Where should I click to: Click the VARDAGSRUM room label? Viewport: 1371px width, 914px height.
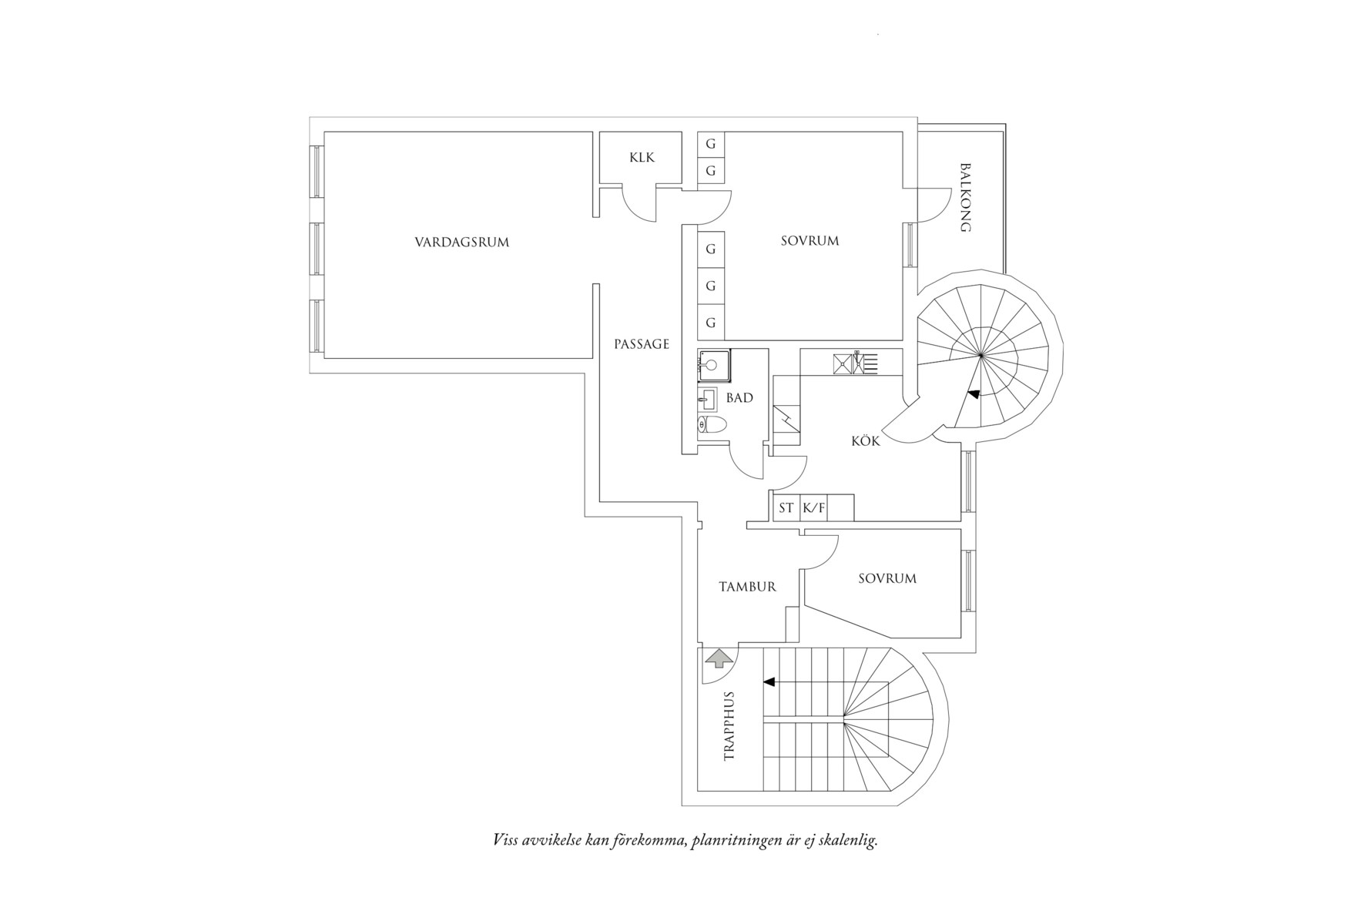(x=462, y=242)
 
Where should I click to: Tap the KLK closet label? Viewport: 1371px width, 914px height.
(x=642, y=157)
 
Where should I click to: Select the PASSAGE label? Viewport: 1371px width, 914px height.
(x=642, y=344)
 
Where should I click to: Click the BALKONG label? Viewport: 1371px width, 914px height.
(x=965, y=197)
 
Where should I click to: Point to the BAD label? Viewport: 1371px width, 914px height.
(x=739, y=398)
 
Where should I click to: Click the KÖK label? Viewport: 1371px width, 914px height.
(x=865, y=441)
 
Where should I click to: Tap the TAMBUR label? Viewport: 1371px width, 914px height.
(x=747, y=587)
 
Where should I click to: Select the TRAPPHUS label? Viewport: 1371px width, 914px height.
(x=729, y=726)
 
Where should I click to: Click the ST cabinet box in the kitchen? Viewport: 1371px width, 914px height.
(x=786, y=508)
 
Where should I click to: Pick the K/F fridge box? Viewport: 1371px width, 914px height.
(x=813, y=508)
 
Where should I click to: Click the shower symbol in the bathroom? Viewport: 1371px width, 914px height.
(x=713, y=366)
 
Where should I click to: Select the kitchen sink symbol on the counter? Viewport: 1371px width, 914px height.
(x=855, y=363)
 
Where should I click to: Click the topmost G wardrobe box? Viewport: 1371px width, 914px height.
(x=711, y=144)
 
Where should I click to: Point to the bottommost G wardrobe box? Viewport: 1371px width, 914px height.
(x=711, y=323)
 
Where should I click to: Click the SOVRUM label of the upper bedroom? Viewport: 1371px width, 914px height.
(x=810, y=241)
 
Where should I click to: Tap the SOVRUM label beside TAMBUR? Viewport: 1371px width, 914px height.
(x=887, y=578)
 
